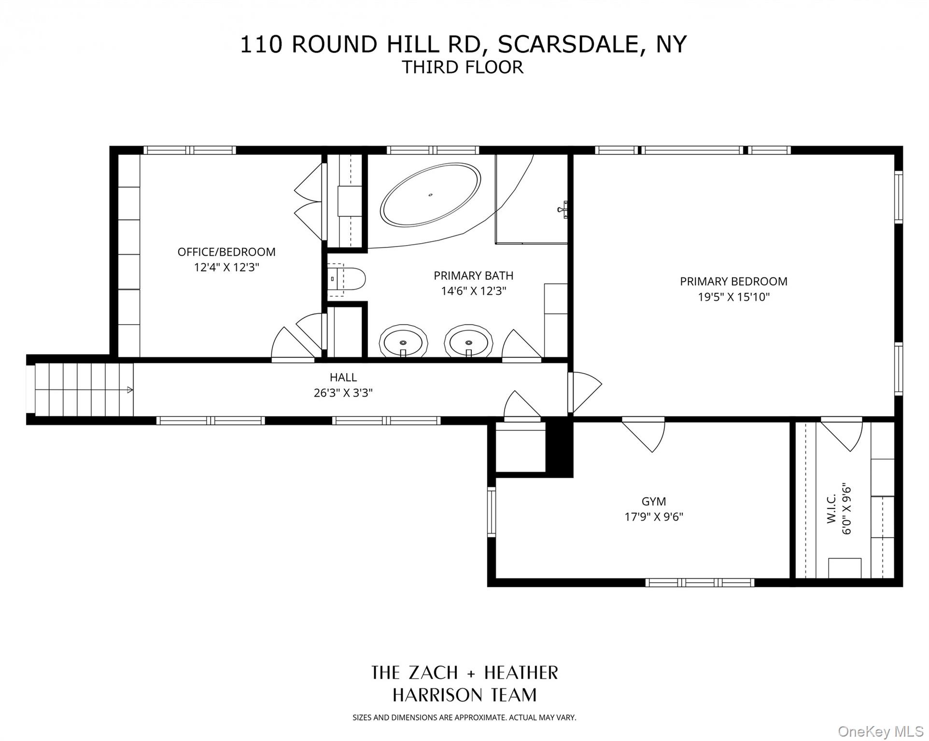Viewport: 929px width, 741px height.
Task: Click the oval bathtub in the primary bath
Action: (x=430, y=194)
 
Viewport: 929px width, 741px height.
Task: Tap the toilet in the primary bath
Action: (x=346, y=279)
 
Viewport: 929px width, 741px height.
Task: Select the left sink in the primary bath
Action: (x=403, y=342)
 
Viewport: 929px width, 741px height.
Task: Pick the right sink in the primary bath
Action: (x=469, y=342)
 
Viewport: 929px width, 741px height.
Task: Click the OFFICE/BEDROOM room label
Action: (x=226, y=252)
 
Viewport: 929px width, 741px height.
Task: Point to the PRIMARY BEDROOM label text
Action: (x=733, y=281)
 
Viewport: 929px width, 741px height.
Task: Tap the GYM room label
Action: (x=654, y=501)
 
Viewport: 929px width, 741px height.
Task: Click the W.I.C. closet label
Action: (x=831, y=508)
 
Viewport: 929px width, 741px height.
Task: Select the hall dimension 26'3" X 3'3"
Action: (x=343, y=393)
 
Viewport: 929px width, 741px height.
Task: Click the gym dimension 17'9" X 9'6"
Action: (x=654, y=517)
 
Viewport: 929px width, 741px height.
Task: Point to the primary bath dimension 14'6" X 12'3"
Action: (x=473, y=291)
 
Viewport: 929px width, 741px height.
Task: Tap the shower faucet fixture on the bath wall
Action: (x=563, y=209)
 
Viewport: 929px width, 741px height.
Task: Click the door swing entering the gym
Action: (x=644, y=436)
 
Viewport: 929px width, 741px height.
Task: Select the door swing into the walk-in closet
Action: (x=842, y=435)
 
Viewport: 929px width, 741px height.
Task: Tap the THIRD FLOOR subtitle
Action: (x=463, y=67)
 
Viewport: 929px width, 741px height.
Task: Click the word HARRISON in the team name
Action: (x=430, y=695)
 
